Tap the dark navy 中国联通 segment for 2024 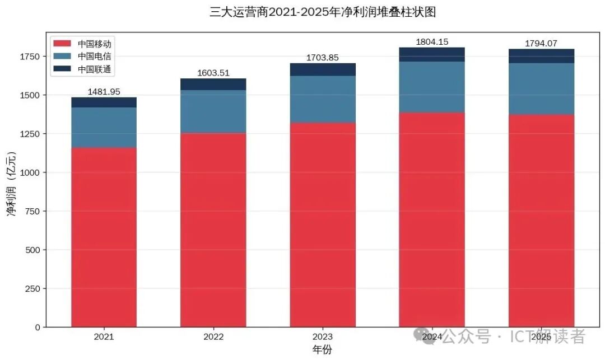(432, 54)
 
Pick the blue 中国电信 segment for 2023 (323, 99)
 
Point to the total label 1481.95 (104, 92)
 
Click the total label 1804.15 (432, 42)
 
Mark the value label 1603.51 (213, 73)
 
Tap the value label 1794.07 (541, 43)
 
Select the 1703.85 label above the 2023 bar (323, 58)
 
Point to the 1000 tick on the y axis (30, 172)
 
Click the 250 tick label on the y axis (32, 288)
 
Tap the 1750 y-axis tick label (30, 57)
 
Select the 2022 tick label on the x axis (213, 337)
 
